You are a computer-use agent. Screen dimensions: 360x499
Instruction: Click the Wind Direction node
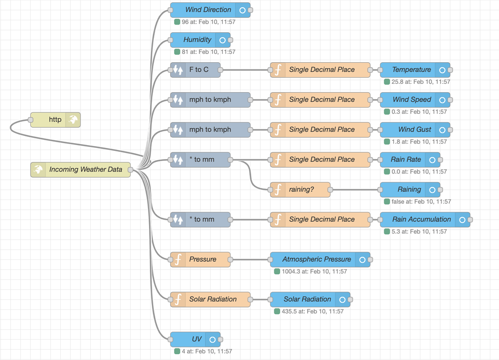click(x=208, y=10)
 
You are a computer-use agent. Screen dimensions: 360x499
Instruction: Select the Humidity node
click(x=197, y=40)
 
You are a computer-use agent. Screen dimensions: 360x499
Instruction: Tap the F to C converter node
click(x=199, y=70)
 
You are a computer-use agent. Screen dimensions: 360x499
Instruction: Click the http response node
click(x=55, y=120)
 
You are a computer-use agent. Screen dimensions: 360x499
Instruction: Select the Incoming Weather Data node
click(x=85, y=170)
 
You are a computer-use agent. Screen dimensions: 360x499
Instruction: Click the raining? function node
click(x=301, y=189)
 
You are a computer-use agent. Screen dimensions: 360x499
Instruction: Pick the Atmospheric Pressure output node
click(x=316, y=259)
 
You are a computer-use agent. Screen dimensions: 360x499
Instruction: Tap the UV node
click(x=196, y=339)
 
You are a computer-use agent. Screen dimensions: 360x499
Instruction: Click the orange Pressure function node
click(x=202, y=259)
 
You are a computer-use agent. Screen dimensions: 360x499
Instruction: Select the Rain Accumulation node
click(x=421, y=219)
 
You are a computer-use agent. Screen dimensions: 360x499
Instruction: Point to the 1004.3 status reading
click(x=314, y=271)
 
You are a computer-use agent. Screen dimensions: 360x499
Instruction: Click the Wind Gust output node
click(x=411, y=130)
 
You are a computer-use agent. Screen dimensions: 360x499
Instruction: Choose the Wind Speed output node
click(x=411, y=100)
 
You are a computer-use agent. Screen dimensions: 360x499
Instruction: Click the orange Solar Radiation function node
click(x=213, y=299)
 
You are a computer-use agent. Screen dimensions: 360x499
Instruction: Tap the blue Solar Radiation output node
click(x=307, y=299)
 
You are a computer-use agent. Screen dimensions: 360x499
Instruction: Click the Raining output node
click(x=409, y=189)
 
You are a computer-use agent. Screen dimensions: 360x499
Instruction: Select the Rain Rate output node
click(x=406, y=160)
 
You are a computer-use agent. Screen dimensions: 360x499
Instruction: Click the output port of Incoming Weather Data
click(x=130, y=170)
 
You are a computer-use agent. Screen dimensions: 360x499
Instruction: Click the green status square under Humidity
click(x=177, y=52)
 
